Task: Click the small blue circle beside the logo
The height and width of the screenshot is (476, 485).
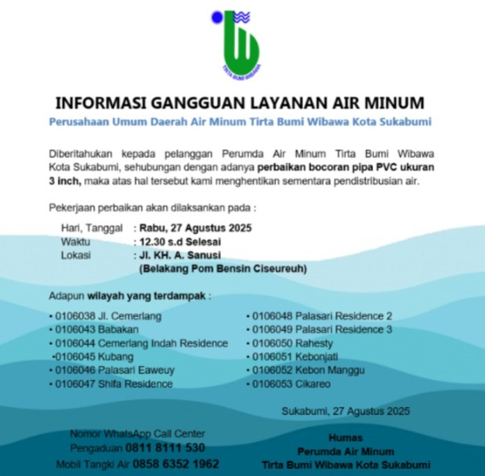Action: click(217, 17)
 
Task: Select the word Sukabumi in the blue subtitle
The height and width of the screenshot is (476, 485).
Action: click(405, 122)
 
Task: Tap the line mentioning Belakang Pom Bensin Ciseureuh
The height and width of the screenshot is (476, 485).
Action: click(222, 268)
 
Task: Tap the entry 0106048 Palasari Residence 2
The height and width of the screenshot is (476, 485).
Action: click(322, 316)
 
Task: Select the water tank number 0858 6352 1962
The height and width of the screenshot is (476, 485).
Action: click(176, 464)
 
